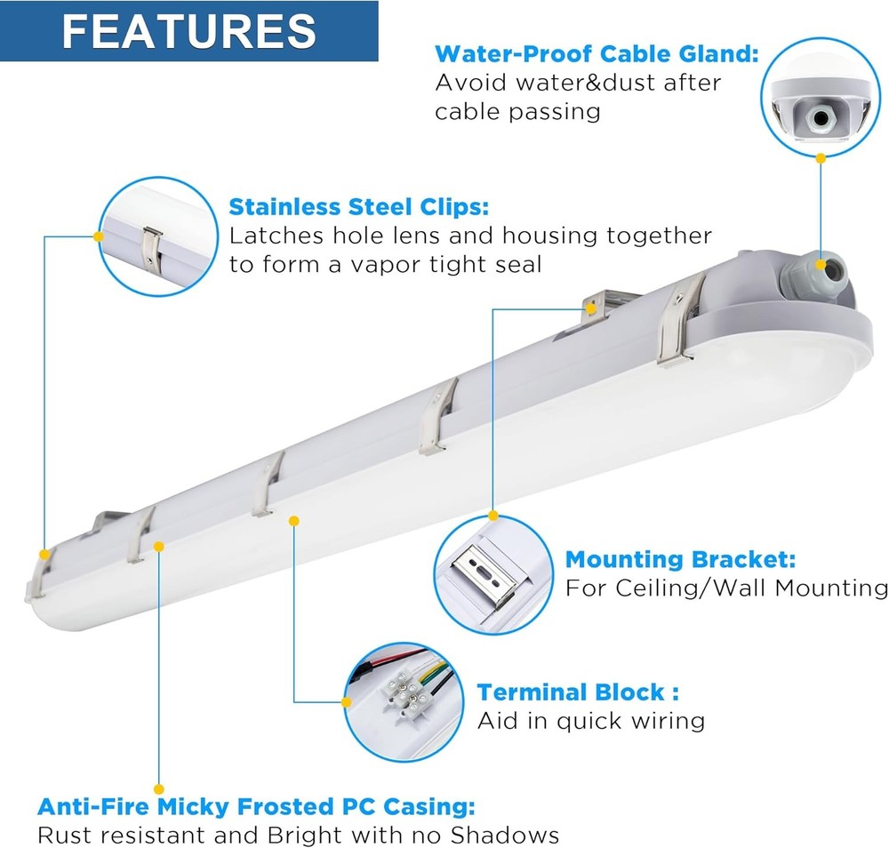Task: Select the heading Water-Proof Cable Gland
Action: (597, 54)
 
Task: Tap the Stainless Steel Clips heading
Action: (358, 207)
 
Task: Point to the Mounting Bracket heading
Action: (680, 559)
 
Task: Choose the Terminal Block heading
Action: (578, 692)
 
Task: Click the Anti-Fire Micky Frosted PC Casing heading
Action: (256, 806)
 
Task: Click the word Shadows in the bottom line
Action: (504, 835)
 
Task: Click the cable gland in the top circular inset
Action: (820, 118)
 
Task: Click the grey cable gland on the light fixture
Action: (812, 271)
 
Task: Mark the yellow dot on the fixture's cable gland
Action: (821, 265)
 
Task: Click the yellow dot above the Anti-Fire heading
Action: (159, 789)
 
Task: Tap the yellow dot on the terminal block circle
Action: (347, 702)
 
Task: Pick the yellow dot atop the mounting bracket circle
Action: (493, 516)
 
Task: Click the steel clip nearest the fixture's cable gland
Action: (678, 320)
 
